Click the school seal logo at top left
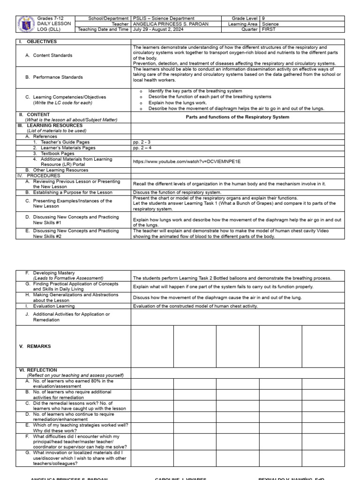(26, 24)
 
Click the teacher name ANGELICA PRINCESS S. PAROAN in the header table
(171, 24)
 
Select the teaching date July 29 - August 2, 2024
(158, 29)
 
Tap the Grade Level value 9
(263, 18)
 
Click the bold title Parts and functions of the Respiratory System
(237, 117)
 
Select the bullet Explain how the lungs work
(177, 102)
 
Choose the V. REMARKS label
(35, 346)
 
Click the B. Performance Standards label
(54, 77)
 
